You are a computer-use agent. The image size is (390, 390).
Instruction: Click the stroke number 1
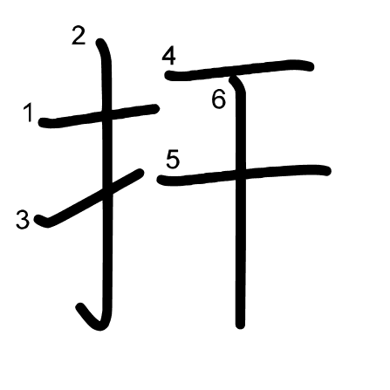pyautogui.click(x=28, y=113)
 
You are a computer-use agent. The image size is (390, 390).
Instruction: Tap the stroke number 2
pyautogui.click(x=79, y=37)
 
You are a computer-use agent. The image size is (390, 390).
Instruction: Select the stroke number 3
pyautogui.click(x=23, y=220)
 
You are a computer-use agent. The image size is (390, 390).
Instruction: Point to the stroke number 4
pyautogui.click(x=169, y=57)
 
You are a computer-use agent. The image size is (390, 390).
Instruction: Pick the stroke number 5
pyautogui.click(x=173, y=159)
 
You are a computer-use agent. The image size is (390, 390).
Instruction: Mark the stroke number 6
pyautogui.click(x=218, y=99)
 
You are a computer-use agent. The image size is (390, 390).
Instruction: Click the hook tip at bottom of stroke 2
pyautogui.click(x=80, y=307)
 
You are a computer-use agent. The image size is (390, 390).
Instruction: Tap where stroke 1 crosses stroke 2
pyautogui.click(x=106, y=115)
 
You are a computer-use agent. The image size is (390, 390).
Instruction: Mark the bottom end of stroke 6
pyautogui.click(x=240, y=325)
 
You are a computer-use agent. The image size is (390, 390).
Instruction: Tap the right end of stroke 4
pyautogui.click(x=310, y=67)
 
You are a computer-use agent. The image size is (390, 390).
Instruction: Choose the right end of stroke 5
pyautogui.click(x=327, y=171)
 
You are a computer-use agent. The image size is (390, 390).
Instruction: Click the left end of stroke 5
pyautogui.click(x=161, y=180)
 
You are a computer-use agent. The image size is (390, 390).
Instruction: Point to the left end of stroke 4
pyautogui.click(x=169, y=76)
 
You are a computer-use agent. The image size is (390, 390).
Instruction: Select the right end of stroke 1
pyautogui.click(x=155, y=109)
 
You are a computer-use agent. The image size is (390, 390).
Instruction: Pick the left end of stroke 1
pyautogui.click(x=43, y=122)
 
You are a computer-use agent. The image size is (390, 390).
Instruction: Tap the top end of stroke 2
pyautogui.click(x=99, y=42)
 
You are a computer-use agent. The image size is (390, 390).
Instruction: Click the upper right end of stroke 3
pyautogui.click(x=140, y=173)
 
